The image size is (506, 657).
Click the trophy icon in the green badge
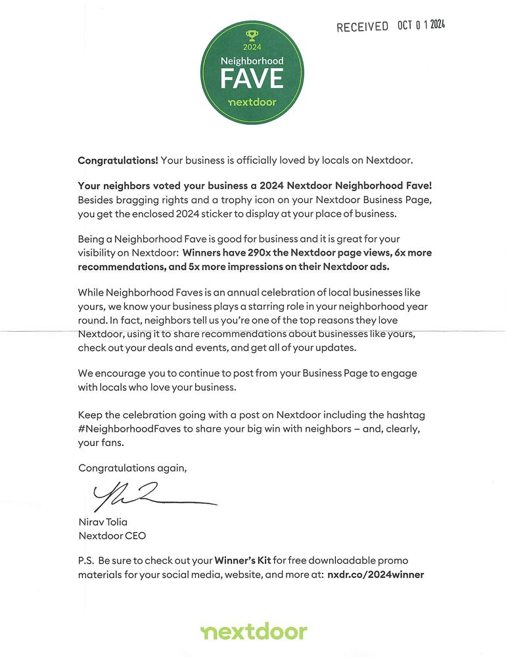click(252, 35)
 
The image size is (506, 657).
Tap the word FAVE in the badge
click(252, 79)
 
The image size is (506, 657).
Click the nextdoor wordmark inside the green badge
click(252, 103)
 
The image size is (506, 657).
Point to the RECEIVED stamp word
click(362, 27)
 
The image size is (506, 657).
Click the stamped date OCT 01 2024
click(421, 25)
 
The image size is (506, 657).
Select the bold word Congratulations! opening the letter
click(118, 160)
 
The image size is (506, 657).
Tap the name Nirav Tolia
click(103, 522)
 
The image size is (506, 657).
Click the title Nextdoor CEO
click(112, 535)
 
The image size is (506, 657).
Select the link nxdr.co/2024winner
click(375, 574)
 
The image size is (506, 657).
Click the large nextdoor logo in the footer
click(254, 632)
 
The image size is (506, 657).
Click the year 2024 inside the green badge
click(252, 47)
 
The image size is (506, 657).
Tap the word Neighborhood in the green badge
click(252, 60)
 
